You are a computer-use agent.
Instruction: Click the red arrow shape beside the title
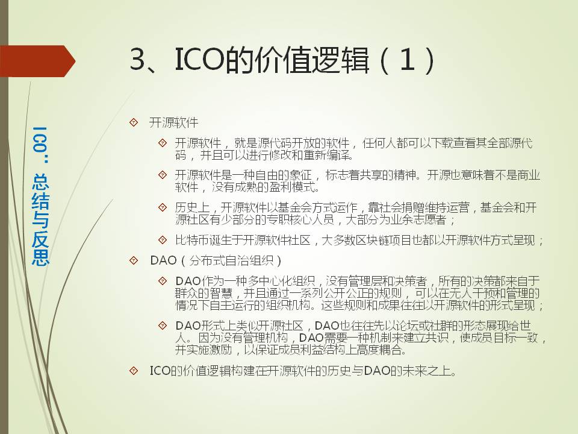tap(37, 61)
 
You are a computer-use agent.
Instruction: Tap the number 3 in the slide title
tap(138, 60)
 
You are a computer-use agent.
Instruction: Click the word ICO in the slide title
tap(199, 60)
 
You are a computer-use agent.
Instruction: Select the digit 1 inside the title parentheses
tap(408, 60)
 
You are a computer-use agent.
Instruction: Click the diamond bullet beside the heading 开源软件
tap(134, 122)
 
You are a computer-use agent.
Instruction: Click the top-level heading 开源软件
tap(173, 122)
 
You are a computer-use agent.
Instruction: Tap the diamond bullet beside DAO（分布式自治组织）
tap(134, 260)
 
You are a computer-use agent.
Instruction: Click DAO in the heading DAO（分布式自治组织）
tap(164, 260)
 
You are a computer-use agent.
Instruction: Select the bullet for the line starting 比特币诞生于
tap(163, 241)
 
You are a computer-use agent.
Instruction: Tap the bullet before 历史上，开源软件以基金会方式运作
tap(163, 207)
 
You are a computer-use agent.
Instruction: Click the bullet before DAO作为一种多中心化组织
tap(163, 281)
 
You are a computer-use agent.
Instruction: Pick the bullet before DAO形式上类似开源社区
tap(163, 325)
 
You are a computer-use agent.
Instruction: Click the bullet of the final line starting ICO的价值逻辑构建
tap(134, 371)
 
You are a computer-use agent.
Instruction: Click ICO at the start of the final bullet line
tap(161, 371)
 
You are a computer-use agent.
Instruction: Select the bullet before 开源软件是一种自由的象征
tap(163, 175)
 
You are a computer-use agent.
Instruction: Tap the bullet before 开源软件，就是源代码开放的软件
tap(163, 143)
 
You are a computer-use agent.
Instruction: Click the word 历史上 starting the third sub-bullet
tap(192, 207)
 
